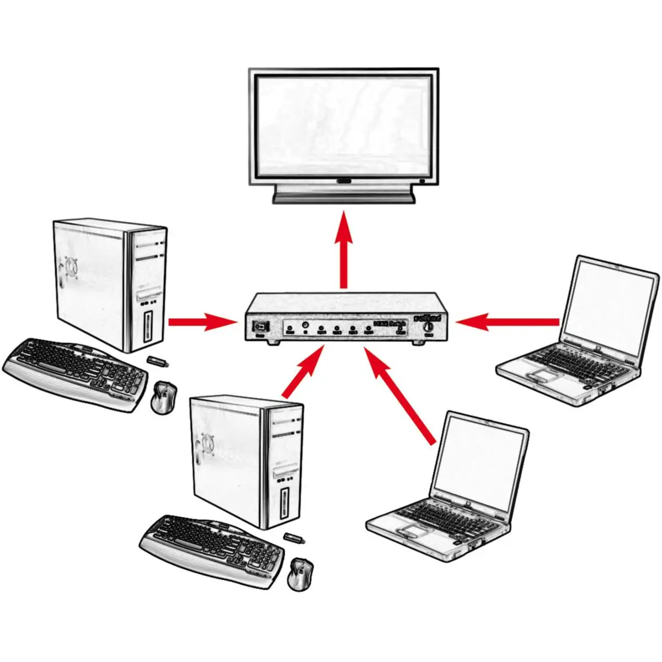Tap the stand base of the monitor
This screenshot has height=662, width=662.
[x=343, y=195]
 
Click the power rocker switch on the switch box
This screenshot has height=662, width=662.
[x=259, y=326]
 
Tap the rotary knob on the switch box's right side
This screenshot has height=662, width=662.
[x=429, y=327]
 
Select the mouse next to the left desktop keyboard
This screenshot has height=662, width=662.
[x=164, y=397]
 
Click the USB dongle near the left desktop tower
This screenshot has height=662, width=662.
[x=158, y=361]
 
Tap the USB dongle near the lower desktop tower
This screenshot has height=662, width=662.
[x=293, y=536]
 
